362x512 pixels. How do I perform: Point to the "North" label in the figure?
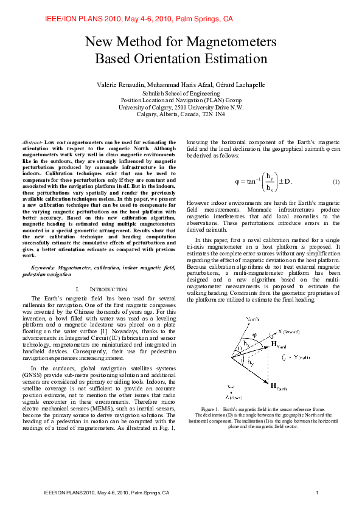252,319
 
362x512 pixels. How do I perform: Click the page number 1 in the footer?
318,492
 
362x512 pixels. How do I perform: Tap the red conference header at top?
139,19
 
